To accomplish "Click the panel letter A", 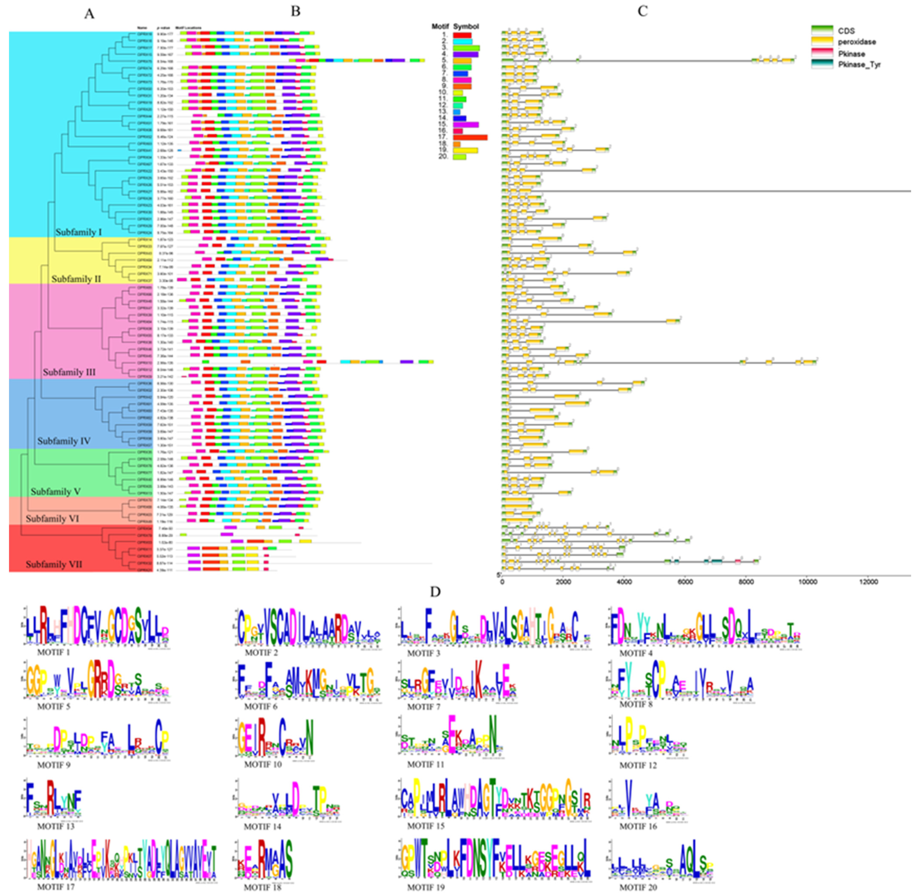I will tap(89, 14).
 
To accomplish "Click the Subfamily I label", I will tap(79, 232).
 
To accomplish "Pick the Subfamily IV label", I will tap(64, 441).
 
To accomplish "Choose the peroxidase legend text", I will tap(857, 42).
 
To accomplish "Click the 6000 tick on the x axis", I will tap(685, 582).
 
